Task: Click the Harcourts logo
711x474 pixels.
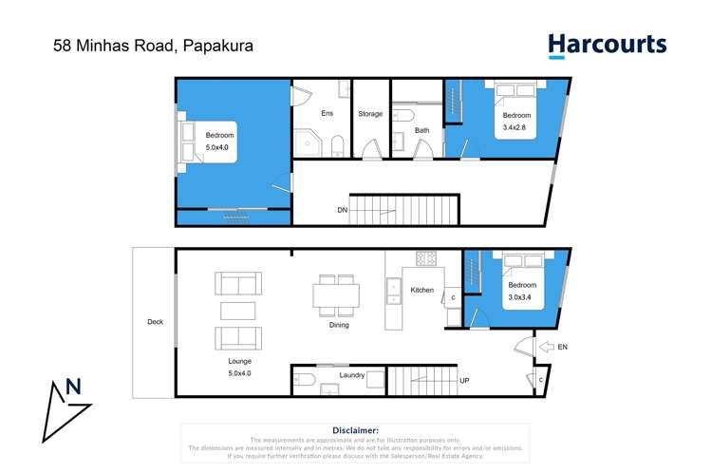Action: (607, 46)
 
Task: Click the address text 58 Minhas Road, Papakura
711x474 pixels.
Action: (147, 45)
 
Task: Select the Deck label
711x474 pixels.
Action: (155, 322)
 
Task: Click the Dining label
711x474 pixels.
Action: (339, 325)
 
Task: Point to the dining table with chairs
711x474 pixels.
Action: (337, 295)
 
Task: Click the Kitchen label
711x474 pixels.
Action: (421, 290)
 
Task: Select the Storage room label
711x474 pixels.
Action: (370, 114)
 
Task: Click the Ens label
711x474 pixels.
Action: (327, 114)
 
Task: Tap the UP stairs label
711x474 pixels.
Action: (464, 381)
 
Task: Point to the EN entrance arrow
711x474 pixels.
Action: (547, 348)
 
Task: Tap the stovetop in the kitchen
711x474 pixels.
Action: (426, 258)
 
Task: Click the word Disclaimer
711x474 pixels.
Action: (355, 430)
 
